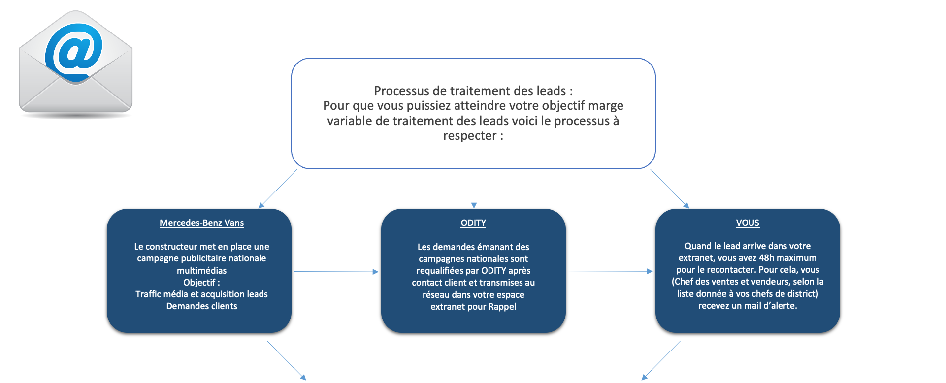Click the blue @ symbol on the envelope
74,52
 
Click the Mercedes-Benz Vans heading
201,223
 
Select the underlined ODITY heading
473,223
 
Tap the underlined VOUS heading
748,223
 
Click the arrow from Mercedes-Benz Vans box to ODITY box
336,272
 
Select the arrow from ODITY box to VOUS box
611,271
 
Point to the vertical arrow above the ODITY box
474,189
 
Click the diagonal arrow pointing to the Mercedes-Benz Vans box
278,189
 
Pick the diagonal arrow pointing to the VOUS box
670,189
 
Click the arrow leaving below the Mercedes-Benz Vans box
287,360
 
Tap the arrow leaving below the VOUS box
661,360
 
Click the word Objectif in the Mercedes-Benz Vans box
199,283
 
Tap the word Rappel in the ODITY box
502,307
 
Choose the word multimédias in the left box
201,270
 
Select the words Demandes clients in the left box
201,306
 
